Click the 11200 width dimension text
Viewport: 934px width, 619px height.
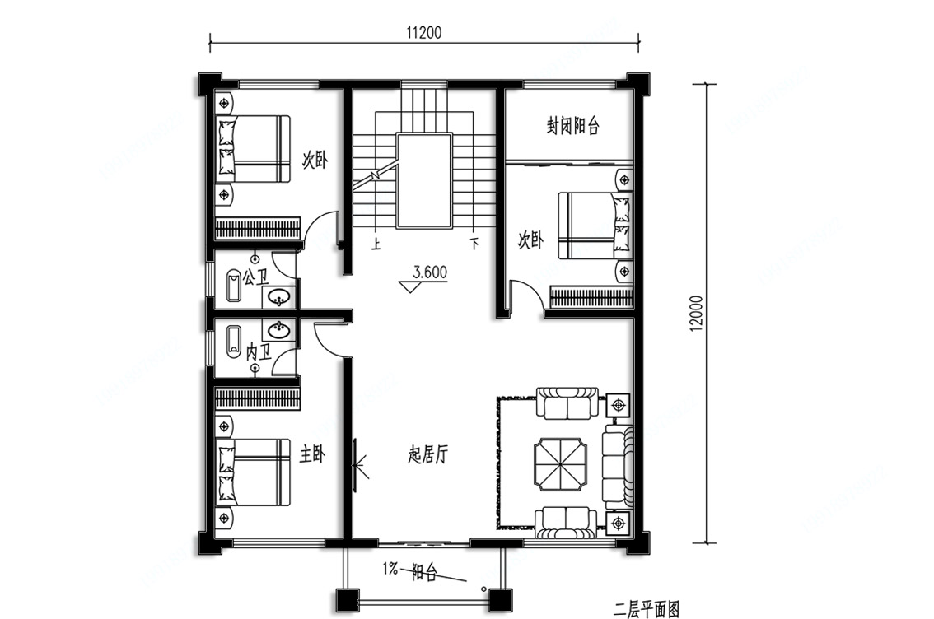(x=424, y=32)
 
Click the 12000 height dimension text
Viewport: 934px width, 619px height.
(x=698, y=314)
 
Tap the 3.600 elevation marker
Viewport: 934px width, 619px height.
(x=430, y=272)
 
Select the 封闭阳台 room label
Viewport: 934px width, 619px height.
(x=572, y=126)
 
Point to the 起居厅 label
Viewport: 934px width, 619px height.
(x=428, y=455)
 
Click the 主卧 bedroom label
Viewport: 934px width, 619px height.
(x=311, y=455)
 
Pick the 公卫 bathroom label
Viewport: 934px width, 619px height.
(x=255, y=277)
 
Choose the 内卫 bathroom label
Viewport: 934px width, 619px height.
(x=259, y=352)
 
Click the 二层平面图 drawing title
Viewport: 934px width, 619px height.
(x=647, y=609)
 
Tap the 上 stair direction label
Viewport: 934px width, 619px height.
(x=376, y=244)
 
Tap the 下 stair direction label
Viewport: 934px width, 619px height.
(x=474, y=244)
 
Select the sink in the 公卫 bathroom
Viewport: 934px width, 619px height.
(x=278, y=296)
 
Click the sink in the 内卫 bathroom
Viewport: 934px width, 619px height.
(x=278, y=330)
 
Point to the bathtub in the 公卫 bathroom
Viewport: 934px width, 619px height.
(x=233, y=286)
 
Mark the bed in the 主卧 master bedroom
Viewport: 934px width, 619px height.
(x=253, y=472)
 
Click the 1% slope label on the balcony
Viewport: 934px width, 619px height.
(x=390, y=569)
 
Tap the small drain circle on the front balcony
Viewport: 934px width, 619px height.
(x=483, y=588)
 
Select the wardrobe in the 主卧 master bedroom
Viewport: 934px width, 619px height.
(x=257, y=398)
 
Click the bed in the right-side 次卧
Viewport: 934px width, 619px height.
(x=595, y=225)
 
